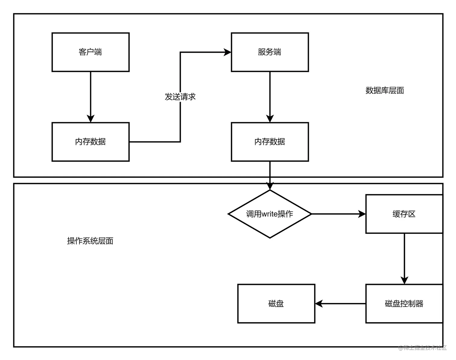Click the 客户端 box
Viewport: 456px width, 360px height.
(90, 52)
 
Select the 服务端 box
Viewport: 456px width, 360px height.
(270, 52)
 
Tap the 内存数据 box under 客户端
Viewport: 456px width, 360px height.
(90, 142)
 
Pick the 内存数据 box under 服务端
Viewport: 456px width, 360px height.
(270, 142)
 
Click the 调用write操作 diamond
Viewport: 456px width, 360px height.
(270, 214)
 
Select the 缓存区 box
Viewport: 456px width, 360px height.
(404, 214)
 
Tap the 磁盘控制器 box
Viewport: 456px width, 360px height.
(404, 304)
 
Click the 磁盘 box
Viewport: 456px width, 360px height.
(276, 304)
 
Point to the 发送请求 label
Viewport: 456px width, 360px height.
(180, 97)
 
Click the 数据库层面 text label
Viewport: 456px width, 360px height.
(385, 90)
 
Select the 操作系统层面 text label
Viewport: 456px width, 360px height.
(90, 241)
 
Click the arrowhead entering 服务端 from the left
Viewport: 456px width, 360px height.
(227, 52)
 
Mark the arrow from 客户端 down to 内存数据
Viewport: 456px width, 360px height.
(90, 97)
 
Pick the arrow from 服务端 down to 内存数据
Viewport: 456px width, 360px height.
(270, 97)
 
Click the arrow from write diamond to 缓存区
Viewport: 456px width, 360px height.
(338, 214)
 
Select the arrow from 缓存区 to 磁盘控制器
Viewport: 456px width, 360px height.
(404, 258)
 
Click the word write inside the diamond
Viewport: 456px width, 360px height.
(269, 214)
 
